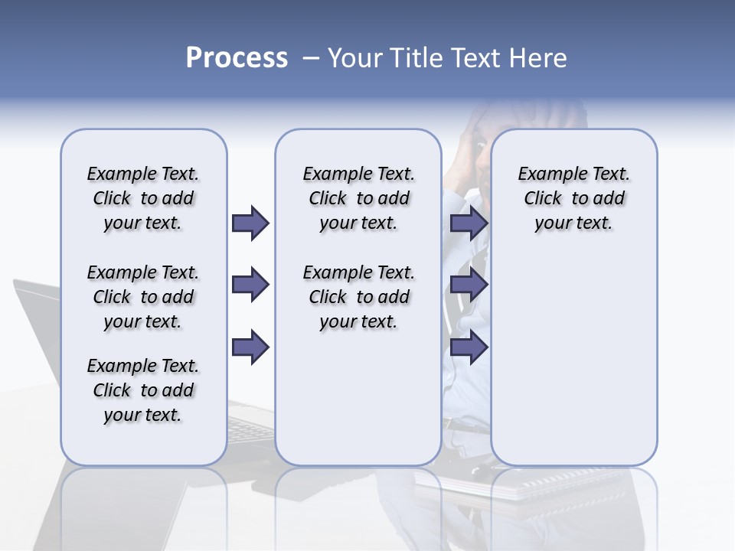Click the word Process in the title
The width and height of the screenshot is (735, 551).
[x=237, y=58]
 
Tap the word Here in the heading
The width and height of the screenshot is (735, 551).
[x=537, y=58]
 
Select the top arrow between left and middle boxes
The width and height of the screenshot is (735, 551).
[x=250, y=223]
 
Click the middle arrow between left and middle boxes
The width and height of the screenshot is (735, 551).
[x=250, y=285]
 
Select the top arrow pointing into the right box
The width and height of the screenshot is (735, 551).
[x=469, y=223]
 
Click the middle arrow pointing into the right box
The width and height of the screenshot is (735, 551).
[x=469, y=285]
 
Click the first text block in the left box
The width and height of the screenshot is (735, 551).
[x=143, y=198]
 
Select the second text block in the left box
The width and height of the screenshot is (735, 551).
[x=143, y=297]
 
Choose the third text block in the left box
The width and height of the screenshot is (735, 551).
[x=143, y=390]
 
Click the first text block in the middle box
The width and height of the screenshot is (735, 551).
[x=358, y=198]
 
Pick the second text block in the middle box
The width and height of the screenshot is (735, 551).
[x=358, y=297]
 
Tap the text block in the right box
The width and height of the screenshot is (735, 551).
[x=573, y=198]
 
